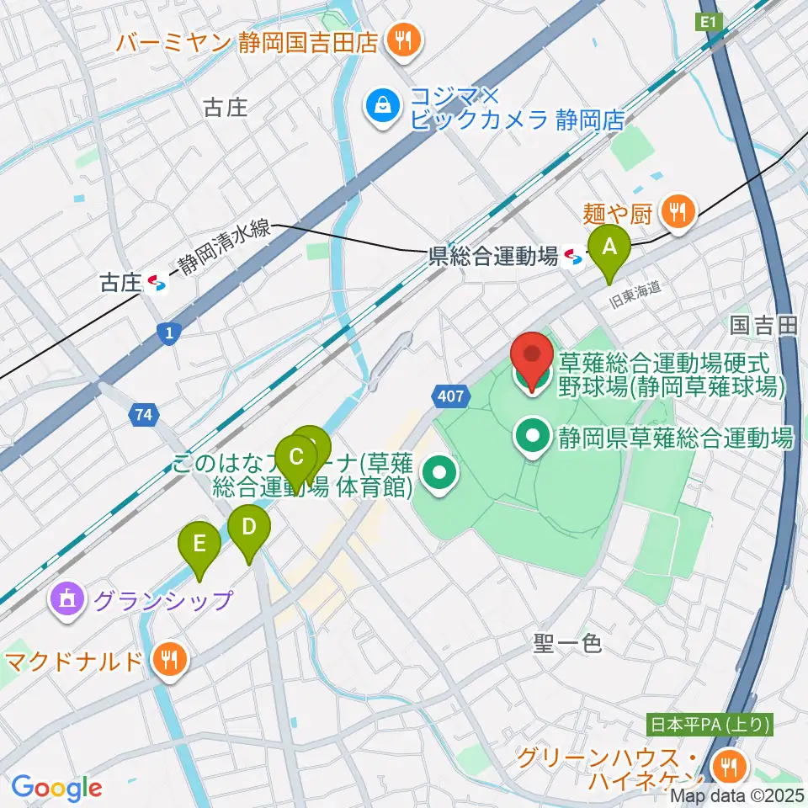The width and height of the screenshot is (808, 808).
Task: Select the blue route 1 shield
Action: click(x=170, y=334)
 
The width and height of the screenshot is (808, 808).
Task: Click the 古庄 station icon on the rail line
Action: click(x=157, y=284)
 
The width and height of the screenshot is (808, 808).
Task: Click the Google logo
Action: click(x=56, y=789)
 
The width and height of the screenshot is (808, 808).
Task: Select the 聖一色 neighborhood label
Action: click(x=567, y=644)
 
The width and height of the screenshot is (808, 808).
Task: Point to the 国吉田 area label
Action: click(x=763, y=326)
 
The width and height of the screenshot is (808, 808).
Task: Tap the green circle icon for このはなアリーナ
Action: click(x=439, y=476)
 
